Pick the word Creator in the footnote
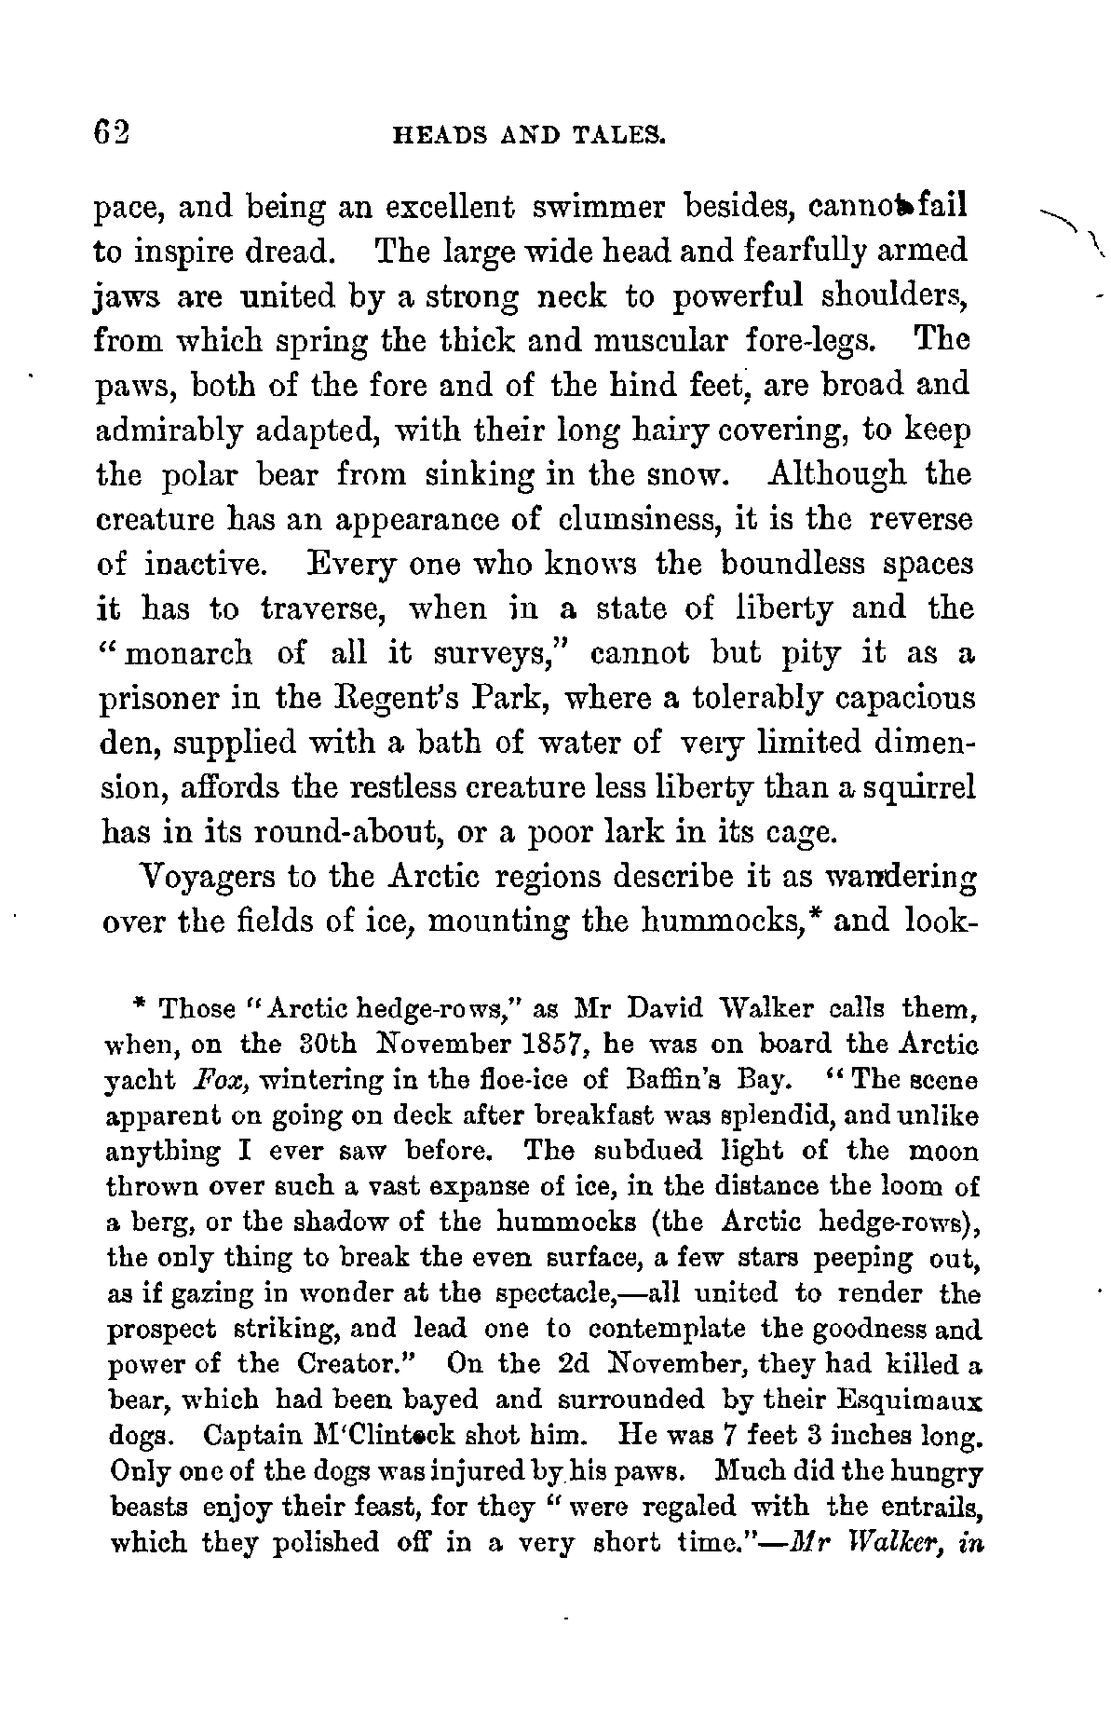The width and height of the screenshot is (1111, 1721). (x=348, y=1365)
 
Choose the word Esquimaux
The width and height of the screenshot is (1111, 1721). (x=904, y=1400)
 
